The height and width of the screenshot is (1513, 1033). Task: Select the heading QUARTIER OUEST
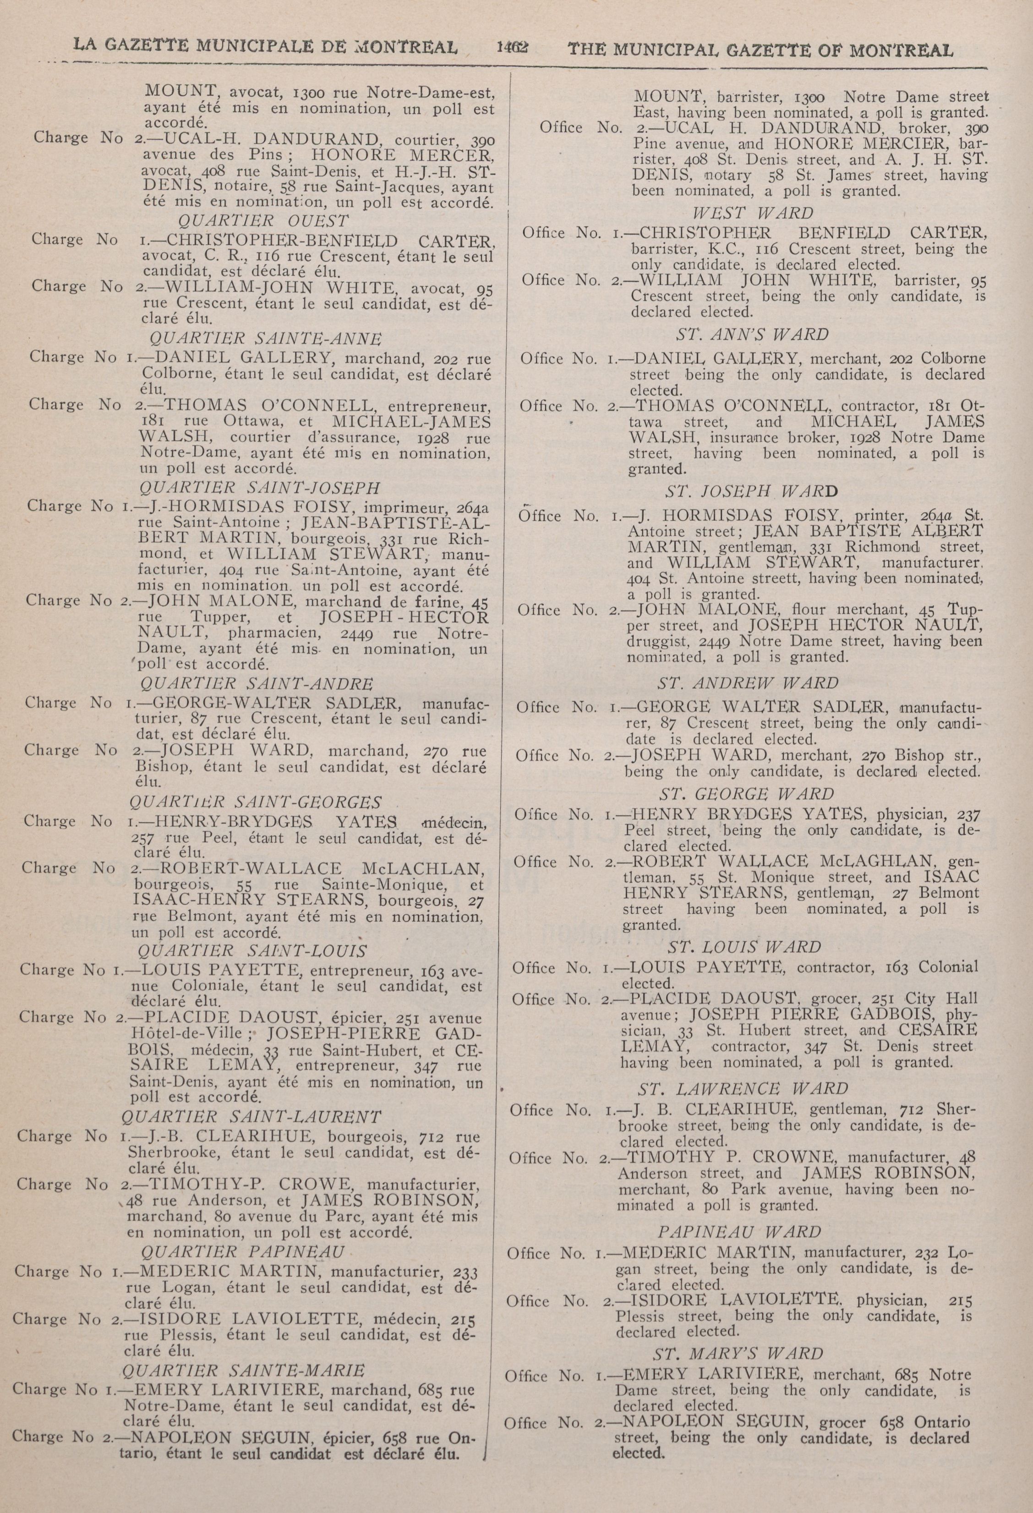pyautogui.click(x=262, y=221)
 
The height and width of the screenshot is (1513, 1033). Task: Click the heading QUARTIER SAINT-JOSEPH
pyautogui.click(x=260, y=488)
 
